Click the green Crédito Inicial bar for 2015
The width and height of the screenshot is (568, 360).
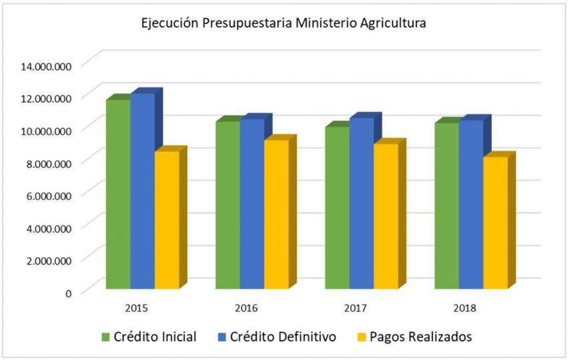(118, 194)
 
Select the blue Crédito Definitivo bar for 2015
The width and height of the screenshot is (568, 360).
(142, 191)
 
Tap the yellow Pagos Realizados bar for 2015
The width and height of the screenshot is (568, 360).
(167, 220)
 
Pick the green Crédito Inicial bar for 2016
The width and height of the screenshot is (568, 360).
(228, 204)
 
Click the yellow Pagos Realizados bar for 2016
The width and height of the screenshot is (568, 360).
(276, 214)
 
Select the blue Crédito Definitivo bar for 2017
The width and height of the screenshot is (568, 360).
(361, 203)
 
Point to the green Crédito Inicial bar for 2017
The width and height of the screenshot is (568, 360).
(337, 207)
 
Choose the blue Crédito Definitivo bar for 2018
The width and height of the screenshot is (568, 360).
(471, 204)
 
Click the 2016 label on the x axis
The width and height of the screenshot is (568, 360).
(246, 309)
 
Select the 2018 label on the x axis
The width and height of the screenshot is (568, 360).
(465, 309)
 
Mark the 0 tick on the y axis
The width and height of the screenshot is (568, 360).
(68, 293)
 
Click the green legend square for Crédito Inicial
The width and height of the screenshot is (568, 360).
(105, 337)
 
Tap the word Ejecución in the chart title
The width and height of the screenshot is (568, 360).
(169, 23)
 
